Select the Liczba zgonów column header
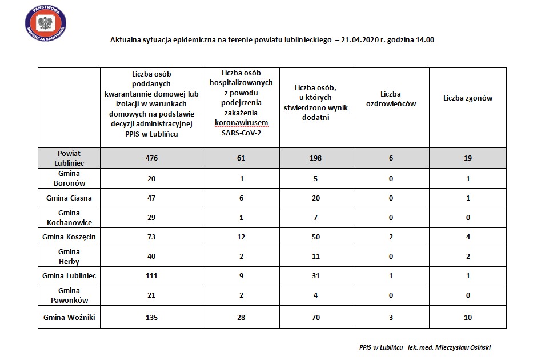[x=468, y=98]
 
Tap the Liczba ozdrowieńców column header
[x=391, y=99]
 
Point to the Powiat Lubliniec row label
[x=69, y=158]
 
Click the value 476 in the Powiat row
[x=151, y=158]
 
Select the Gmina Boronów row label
[x=69, y=178]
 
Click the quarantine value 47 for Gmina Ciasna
[x=151, y=197]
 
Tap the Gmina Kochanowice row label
[x=69, y=217]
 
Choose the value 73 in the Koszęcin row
[x=151, y=237]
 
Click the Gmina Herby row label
[x=69, y=256]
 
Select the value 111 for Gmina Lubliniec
[x=151, y=275]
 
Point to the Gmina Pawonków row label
[x=69, y=295]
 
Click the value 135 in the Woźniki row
[x=151, y=317]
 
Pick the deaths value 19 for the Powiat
[x=468, y=158]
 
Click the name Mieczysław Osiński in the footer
[x=462, y=347]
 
